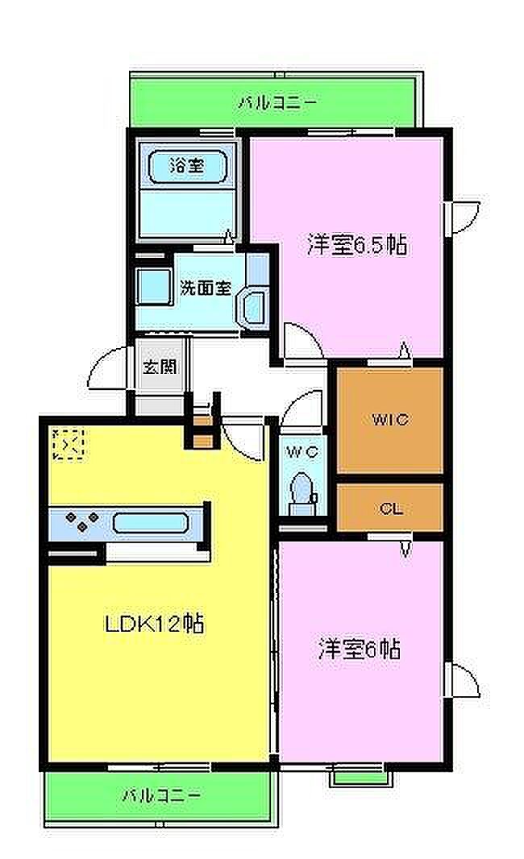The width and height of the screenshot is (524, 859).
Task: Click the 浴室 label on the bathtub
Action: click(187, 166)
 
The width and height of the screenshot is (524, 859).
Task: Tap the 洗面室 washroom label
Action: click(206, 288)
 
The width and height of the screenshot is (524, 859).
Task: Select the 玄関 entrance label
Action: click(160, 367)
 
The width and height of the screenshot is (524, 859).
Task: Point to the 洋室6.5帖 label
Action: click(357, 245)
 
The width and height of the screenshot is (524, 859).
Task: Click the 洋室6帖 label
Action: click(359, 649)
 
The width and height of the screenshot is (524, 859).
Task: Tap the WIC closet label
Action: click(390, 420)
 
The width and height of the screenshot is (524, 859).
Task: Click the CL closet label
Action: click(391, 509)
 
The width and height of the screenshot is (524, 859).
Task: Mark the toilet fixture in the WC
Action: click(302, 492)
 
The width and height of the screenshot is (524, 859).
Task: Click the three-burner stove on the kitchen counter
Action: click(81, 521)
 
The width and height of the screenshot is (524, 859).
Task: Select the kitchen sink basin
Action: click(151, 523)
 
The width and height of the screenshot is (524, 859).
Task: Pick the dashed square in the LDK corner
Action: click(68, 443)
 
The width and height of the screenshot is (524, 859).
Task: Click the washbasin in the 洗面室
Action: click(252, 308)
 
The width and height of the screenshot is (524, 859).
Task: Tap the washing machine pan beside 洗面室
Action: click(154, 288)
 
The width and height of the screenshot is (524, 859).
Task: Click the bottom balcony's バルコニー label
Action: click(161, 795)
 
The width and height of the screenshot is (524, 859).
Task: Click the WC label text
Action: click(302, 453)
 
